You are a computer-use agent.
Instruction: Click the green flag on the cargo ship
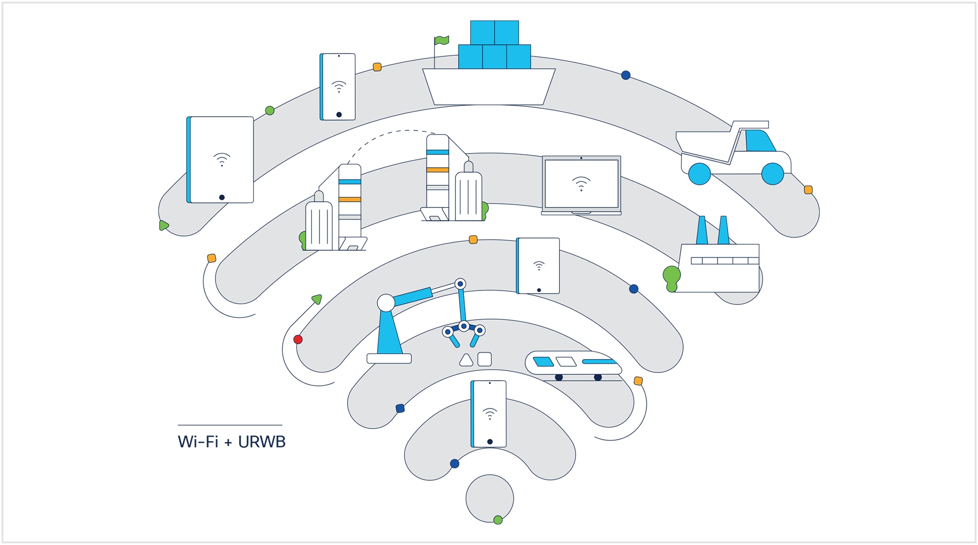point(442,40)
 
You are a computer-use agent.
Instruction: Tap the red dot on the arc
point(298,339)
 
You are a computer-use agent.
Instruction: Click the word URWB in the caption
point(262,442)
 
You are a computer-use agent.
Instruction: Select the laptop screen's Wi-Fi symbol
point(581,183)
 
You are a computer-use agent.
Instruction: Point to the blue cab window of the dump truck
point(759,141)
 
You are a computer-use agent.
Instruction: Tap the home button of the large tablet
point(222,197)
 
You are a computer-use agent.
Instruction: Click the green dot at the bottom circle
point(498,520)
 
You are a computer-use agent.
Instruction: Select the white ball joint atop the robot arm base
point(386,303)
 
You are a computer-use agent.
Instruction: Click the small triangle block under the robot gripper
point(466,360)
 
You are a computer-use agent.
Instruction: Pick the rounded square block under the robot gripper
point(484,359)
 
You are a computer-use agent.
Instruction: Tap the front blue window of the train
point(543,362)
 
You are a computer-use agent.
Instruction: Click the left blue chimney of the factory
point(702,231)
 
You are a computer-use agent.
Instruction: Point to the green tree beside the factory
point(672,277)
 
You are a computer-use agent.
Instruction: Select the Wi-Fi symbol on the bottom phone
point(489,414)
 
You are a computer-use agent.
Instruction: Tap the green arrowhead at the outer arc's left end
point(163,225)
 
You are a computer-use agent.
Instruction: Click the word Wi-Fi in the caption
point(198,442)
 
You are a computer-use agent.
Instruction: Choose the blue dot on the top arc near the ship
point(626,75)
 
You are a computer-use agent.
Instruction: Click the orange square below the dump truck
point(808,190)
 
